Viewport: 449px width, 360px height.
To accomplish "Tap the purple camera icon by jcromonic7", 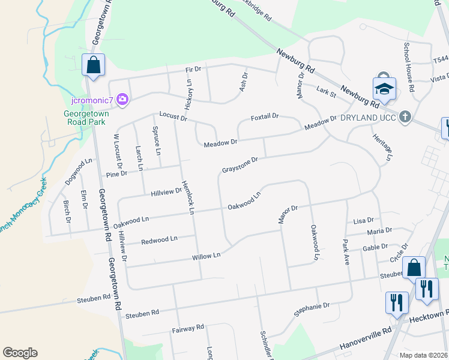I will pos(122,99).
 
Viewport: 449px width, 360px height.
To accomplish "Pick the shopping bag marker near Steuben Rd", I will pos(414,268).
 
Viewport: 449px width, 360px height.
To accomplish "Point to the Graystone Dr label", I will pos(240,164).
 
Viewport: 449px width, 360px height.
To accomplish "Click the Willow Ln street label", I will pos(206,256).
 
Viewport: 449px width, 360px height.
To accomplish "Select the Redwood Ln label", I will pos(159,241).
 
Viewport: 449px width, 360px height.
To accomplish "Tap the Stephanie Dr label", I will pos(312,309).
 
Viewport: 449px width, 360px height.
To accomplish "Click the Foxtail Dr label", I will pos(265,116).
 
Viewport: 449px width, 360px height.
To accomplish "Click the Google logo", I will pos(20,353).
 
